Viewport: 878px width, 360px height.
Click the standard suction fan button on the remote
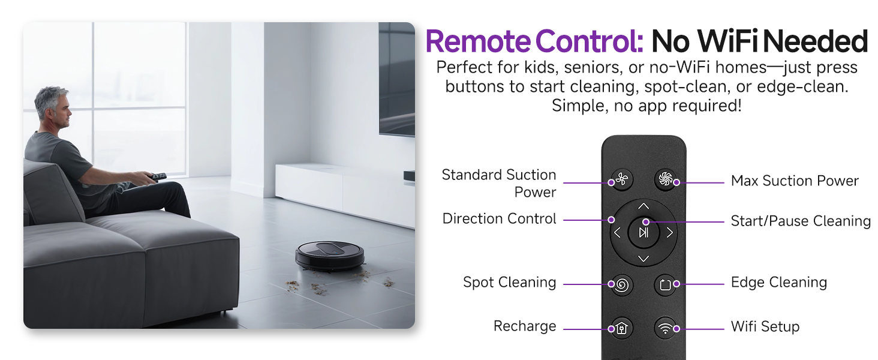[x=622, y=179]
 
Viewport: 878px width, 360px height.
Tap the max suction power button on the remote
[x=666, y=179]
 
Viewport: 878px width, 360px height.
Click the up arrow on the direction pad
[x=644, y=206]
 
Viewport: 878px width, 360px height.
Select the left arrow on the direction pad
[x=617, y=233]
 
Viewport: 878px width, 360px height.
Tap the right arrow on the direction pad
[x=670, y=233]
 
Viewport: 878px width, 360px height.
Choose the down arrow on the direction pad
[x=644, y=259]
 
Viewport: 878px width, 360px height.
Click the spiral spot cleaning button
[x=622, y=284]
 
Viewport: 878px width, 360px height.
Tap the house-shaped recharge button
[x=622, y=328]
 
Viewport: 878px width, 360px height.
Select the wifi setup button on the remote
[x=666, y=328]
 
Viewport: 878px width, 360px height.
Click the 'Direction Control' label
[x=499, y=219]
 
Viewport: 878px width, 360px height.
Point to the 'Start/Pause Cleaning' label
[x=801, y=221]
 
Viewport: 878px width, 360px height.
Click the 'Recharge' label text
[x=525, y=326]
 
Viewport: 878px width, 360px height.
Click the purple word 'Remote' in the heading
[x=478, y=41]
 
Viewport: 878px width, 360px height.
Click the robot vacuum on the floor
[x=330, y=255]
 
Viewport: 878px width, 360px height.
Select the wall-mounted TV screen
[x=396, y=79]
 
